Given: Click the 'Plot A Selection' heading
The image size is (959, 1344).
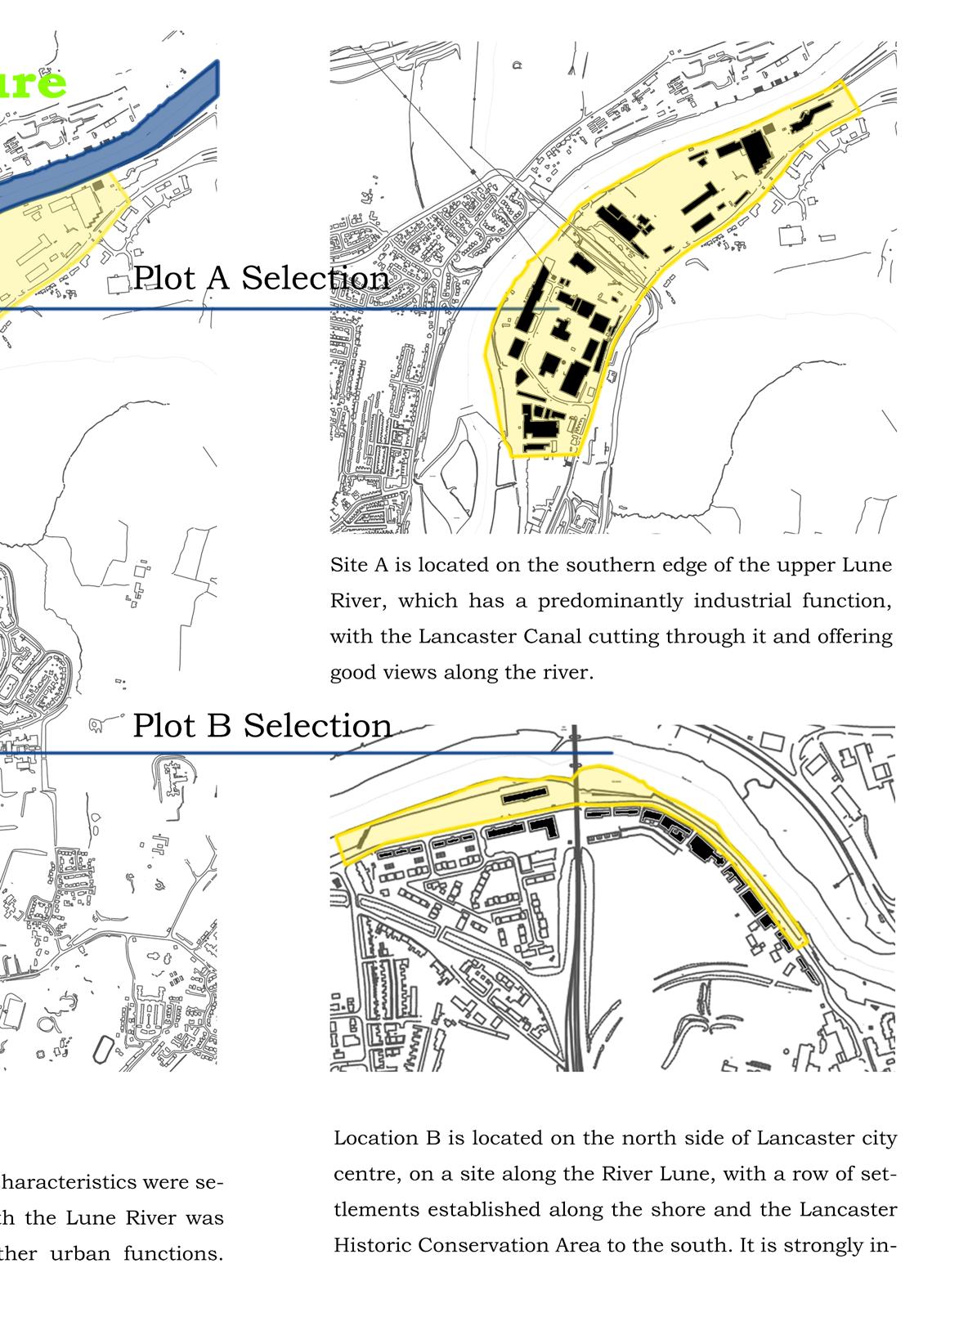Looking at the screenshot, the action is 261,278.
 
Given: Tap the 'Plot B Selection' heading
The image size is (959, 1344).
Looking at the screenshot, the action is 262,725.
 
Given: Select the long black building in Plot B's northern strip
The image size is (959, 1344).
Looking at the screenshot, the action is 524,795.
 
